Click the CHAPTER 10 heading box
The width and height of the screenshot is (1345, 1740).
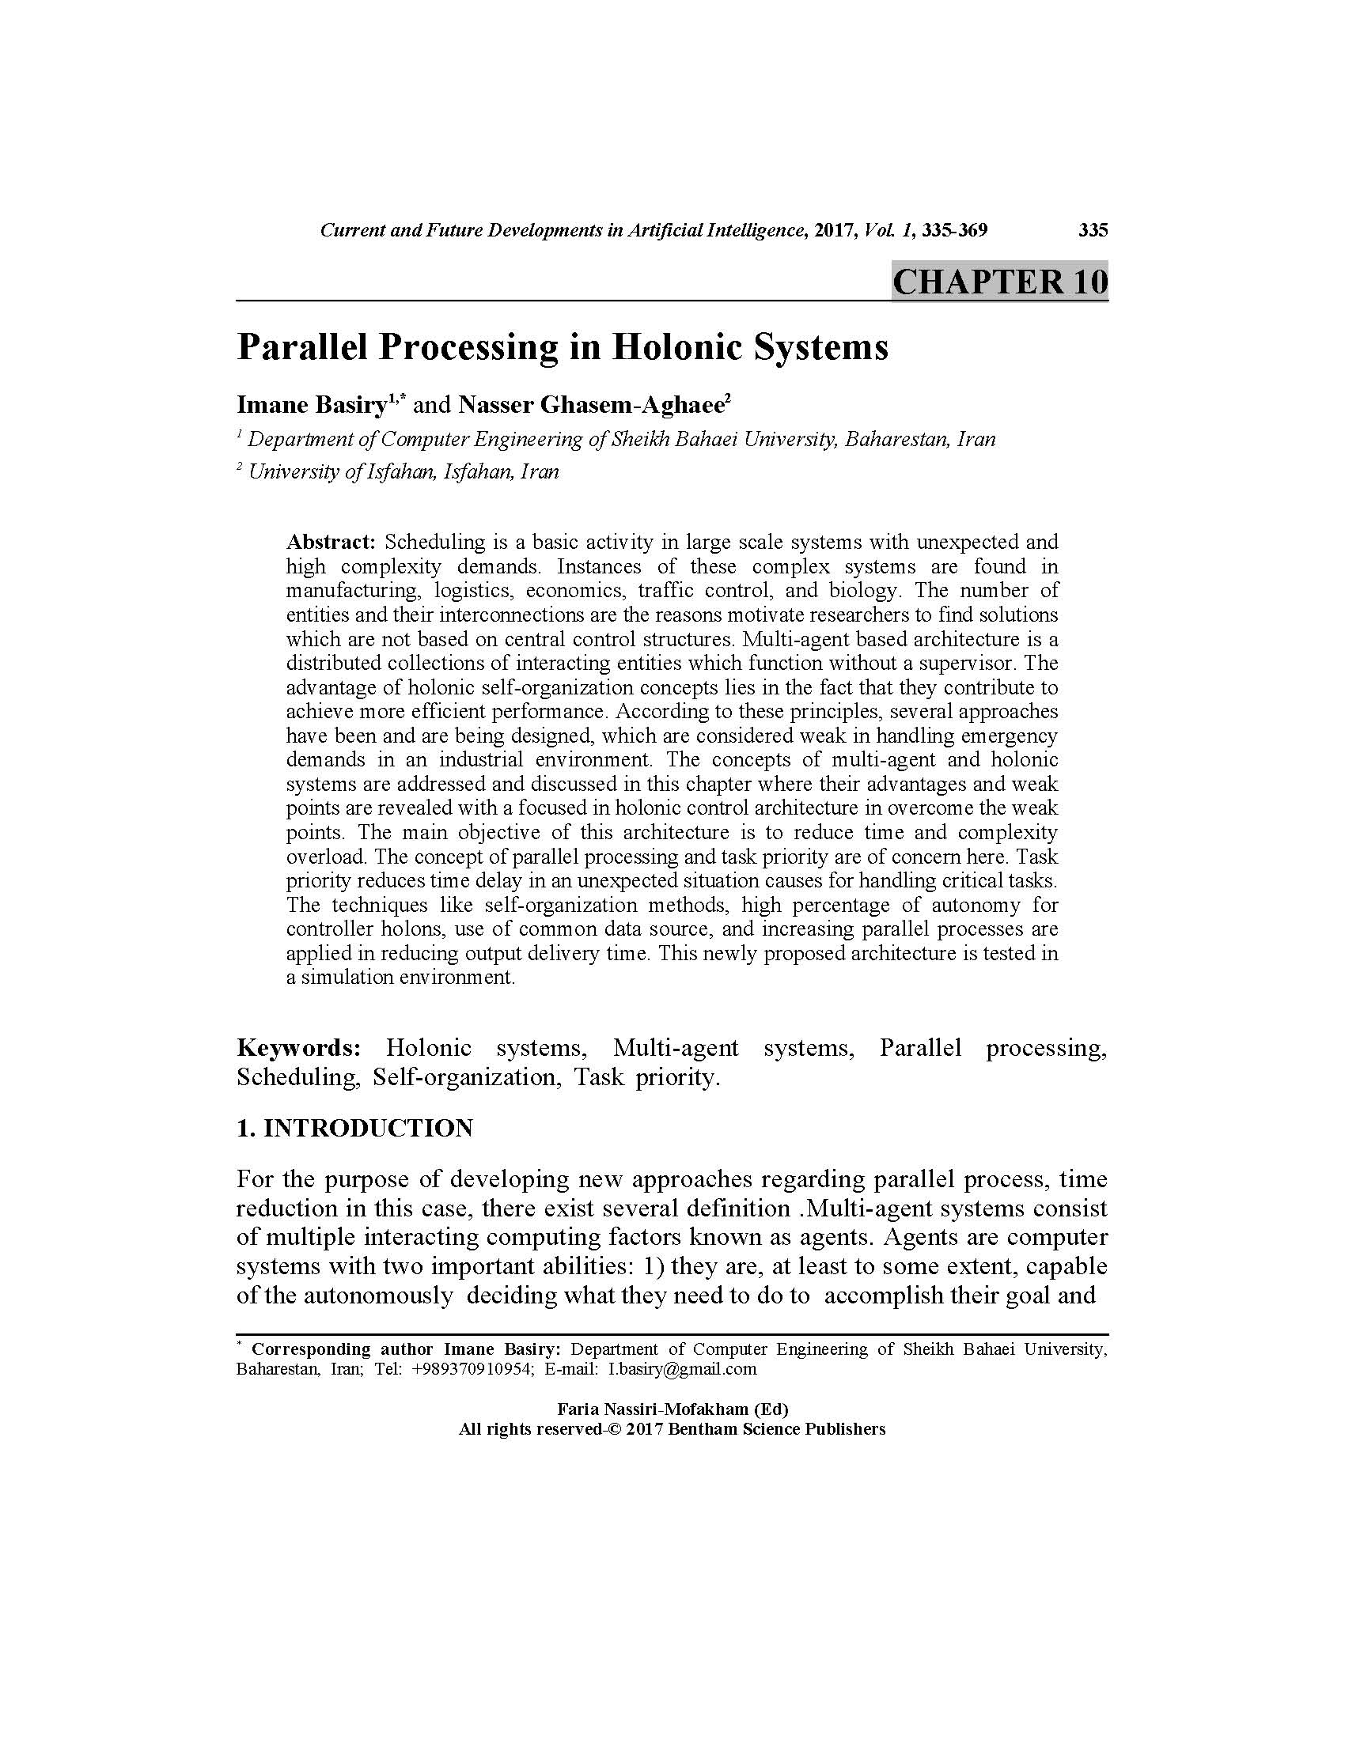coord(999,282)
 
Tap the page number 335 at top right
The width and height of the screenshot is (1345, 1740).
coord(1093,230)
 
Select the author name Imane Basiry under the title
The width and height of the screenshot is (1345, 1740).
coord(312,405)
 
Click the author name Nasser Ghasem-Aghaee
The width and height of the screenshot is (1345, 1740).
coord(590,405)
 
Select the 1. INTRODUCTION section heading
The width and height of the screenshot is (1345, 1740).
coord(354,1128)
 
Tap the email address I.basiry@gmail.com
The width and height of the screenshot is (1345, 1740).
coord(682,1370)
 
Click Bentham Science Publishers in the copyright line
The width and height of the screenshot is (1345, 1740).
coord(776,1429)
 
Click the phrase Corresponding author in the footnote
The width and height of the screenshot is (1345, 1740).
coord(342,1349)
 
